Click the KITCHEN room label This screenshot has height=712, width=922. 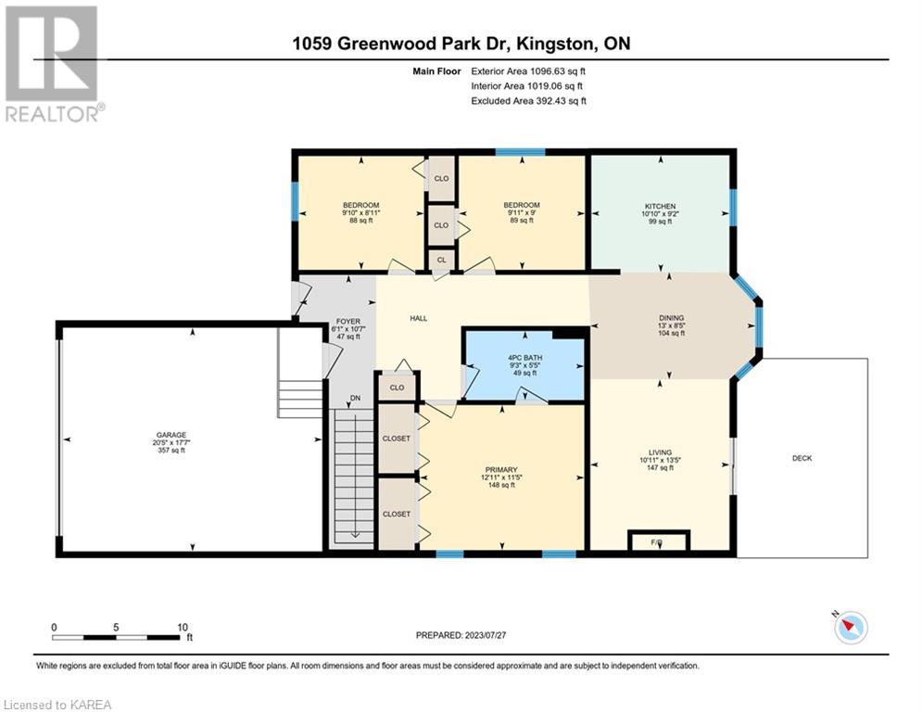pyautogui.click(x=660, y=207)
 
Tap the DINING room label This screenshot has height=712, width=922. pyautogui.click(x=671, y=318)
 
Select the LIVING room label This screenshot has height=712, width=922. pyautogui.click(x=660, y=452)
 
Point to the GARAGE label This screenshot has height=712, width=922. pyautogui.click(x=171, y=435)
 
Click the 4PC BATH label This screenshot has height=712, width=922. pyautogui.click(x=525, y=358)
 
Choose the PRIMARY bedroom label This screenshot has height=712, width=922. pyautogui.click(x=501, y=469)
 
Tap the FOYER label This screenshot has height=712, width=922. pyautogui.click(x=348, y=322)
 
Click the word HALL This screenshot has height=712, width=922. pyautogui.click(x=419, y=318)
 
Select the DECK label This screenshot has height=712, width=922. pyautogui.click(x=802, y=458)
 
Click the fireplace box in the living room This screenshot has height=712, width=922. pyautogui.click(x=659, y=540)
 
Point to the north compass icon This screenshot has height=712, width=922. pyautogui.click(x=850, y=627)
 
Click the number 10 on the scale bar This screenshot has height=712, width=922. pyautogui.click(x=183, y=628)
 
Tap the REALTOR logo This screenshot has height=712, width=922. pyautogui.click(x=54, y=64)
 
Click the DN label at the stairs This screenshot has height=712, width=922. pyautogui.click(x=355, y=399)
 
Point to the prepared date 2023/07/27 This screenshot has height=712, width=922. pyautogui.click(x=486, y=635)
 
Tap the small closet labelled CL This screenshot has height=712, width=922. pyautogui.click(x=442, y=260)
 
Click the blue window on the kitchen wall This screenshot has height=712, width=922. pyautogui.click(x=733, y=207)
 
